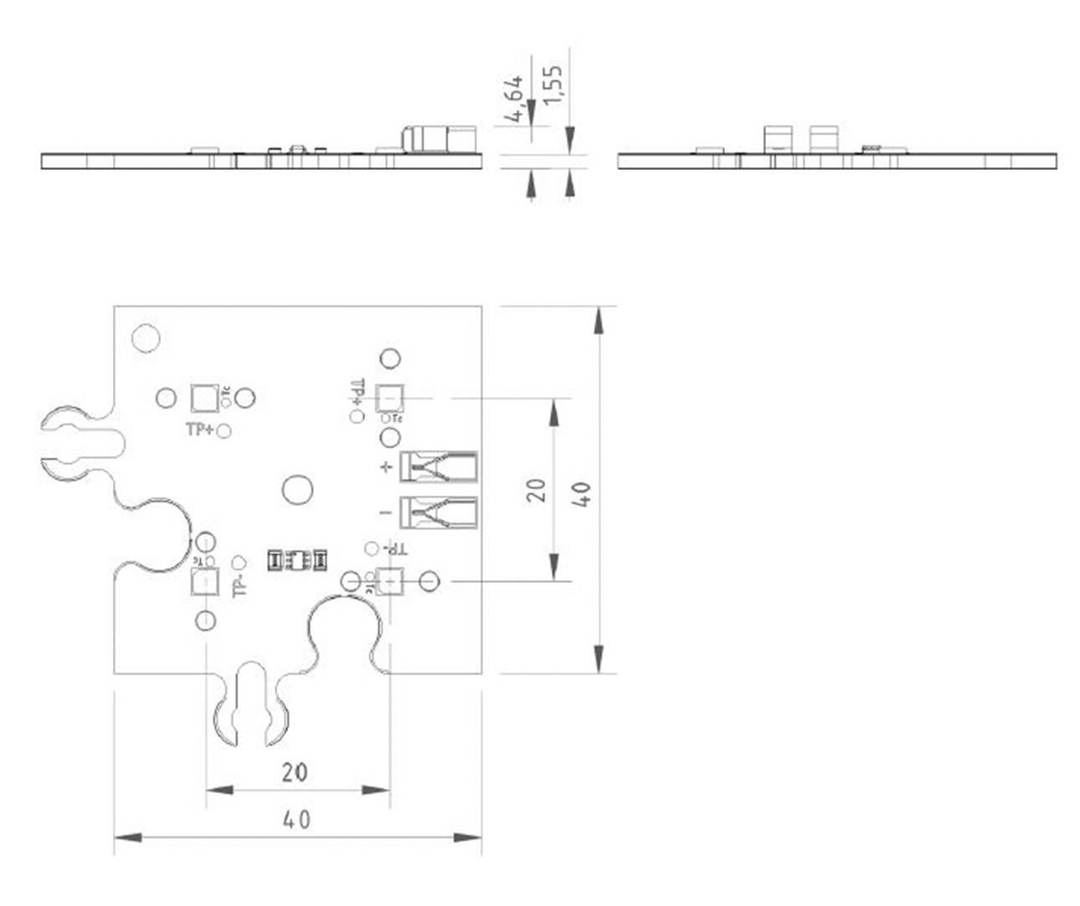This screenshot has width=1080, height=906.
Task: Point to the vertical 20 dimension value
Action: pos(538,489)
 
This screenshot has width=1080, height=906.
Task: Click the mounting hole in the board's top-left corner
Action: pos(146,337)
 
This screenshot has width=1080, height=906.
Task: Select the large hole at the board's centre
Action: pos(296,489)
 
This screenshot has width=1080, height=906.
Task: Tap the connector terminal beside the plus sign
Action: pos(439,466)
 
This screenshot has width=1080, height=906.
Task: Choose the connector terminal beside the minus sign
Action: pos(439,512)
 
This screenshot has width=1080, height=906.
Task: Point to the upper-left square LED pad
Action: pos(203,398)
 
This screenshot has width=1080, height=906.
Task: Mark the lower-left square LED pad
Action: pos(203,581)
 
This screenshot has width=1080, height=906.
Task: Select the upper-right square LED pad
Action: pos(390,396)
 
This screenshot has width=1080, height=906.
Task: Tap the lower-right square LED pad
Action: pos(390,580)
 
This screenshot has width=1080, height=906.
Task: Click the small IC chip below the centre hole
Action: pos(296,560)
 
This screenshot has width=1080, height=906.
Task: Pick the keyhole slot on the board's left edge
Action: pos(80,445)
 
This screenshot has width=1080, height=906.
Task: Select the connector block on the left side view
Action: pos(438,139)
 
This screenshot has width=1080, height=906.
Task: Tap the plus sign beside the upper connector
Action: pos(386,467)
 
